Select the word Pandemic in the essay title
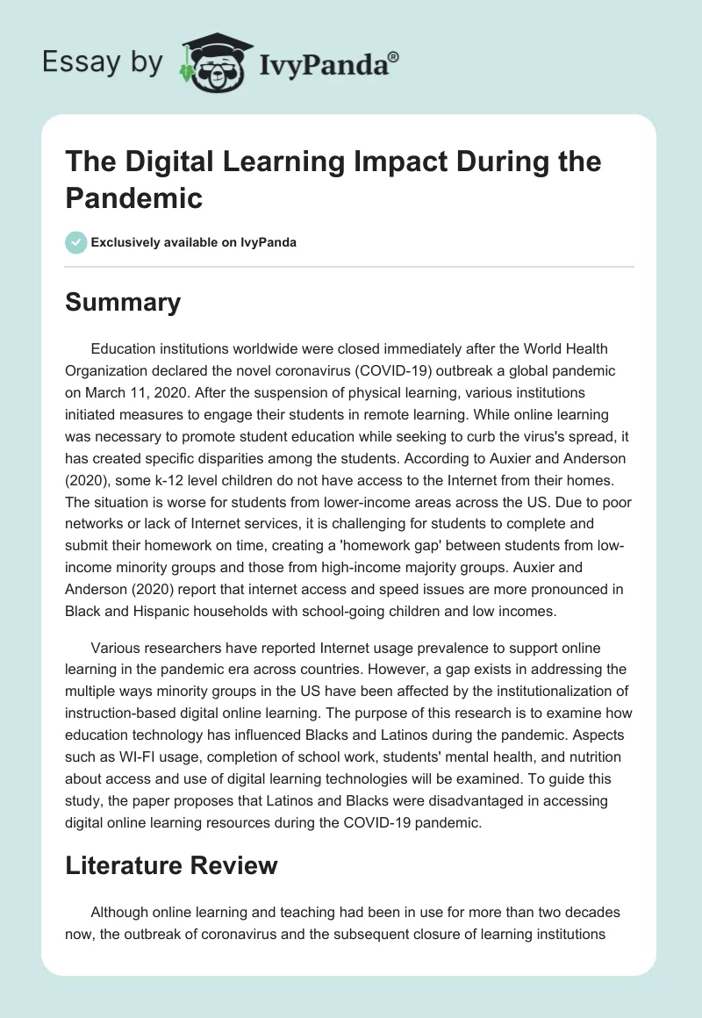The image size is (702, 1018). tap(134, 197)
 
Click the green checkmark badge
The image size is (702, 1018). tap(76, 242)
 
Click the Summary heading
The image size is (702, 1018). tap(123, 303)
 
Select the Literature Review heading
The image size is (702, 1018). tap(171, 866)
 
